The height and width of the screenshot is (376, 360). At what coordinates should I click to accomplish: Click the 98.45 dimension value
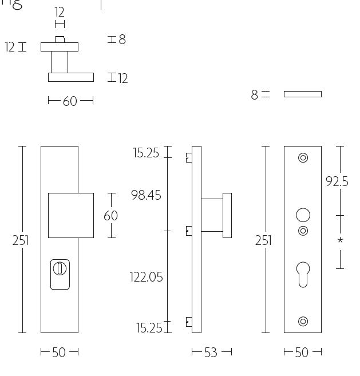146,195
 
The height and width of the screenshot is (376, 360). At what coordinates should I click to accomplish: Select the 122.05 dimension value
146,277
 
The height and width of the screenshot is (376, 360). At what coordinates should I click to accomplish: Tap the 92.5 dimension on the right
337,181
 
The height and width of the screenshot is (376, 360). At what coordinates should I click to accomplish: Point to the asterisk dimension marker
340,241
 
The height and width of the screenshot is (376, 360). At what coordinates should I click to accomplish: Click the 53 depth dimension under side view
211,353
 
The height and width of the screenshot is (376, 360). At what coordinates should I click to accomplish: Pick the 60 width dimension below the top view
70,101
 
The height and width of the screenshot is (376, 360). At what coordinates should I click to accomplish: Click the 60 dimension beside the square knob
110,215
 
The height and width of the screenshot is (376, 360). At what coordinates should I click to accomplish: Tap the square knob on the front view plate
70,215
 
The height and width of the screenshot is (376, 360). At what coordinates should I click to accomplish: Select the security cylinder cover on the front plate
60,274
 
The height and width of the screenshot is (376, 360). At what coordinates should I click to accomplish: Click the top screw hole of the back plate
303,157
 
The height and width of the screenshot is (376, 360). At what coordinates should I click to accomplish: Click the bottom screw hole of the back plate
303,322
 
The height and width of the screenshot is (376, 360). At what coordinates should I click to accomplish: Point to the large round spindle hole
303,215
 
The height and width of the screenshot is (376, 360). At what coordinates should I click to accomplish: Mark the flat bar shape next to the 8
302,94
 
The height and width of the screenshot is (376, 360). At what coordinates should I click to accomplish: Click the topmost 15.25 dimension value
146,153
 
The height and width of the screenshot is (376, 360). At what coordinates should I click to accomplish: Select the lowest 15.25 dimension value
149,328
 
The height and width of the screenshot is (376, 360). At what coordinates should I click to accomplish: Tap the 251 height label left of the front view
21,240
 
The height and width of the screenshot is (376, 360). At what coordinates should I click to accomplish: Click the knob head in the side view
227,215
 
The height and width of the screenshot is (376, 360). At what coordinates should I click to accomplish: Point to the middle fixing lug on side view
189,231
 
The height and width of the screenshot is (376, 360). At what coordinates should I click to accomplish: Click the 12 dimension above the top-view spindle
59,12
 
